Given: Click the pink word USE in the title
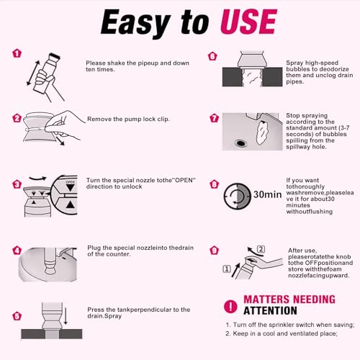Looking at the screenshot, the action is (248, 22).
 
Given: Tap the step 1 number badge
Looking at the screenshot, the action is (17, 53).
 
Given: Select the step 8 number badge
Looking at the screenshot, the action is (214, 184).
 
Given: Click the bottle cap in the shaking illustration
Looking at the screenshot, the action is (55, 56).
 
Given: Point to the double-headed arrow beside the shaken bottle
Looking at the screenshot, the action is (33, 73).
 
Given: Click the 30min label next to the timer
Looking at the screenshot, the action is (267, 194).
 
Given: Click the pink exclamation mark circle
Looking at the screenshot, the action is (230, 307).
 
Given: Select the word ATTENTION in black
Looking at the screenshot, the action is (270, 311).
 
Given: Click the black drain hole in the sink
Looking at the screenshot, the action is (240, 143).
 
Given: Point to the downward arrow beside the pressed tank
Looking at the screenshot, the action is (66, 315).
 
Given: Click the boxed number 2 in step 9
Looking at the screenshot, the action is (261, 249).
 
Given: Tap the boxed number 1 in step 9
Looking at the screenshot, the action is (227, 269).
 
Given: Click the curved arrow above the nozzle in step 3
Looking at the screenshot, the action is (37, 179).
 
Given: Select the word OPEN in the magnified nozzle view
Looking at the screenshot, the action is (70, 182).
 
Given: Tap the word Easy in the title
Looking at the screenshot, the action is (135, 23).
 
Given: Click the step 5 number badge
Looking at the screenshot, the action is (17, 316).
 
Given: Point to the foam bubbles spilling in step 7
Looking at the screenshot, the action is (262, 133).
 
